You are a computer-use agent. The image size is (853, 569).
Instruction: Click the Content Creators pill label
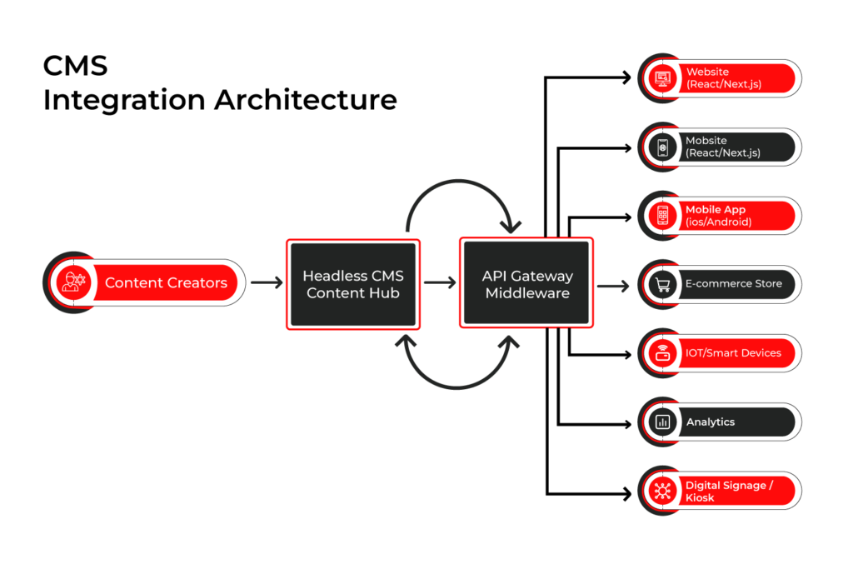[166, 283]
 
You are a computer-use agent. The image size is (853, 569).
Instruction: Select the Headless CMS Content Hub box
[353, 284]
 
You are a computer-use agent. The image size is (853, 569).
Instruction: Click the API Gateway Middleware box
[526, 284]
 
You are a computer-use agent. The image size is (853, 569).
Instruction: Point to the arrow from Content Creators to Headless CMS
[267, 283]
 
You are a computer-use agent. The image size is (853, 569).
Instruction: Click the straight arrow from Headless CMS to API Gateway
[440, 283]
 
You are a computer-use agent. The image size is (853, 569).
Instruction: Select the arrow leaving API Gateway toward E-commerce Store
[613, 286]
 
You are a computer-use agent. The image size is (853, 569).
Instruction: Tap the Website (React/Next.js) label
[723, 78]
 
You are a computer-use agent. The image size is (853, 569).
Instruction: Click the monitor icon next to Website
[662, 78]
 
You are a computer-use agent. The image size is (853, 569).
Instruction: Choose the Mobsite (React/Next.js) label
[723, 147]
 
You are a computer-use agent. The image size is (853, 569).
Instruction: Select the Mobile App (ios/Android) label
[718, 216]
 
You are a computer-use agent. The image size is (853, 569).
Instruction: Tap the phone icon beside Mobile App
[662, 216]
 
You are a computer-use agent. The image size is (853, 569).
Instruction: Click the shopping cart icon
[662, 285]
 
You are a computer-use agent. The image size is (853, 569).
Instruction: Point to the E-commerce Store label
[733, 284]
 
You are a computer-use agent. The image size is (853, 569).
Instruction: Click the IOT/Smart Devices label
[733, 353]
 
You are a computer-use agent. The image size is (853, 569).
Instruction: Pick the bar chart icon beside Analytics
[662, 422]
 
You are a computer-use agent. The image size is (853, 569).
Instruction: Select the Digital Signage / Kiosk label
[729, 492]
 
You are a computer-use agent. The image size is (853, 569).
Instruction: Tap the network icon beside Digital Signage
[662, 492]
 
